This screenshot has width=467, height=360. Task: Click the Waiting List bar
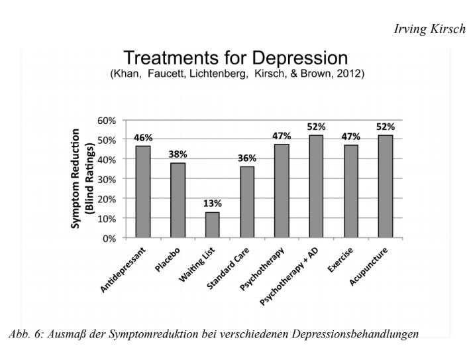pyautogui.click(x=212, y=225)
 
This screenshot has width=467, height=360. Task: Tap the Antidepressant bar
pyautogui.click(x=143, y=192)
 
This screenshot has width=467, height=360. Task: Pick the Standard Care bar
pyautogui.click(x=246, y=202)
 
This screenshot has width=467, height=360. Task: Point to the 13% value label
pyautogui.click(x=212, y=203)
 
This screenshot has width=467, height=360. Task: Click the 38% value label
pyautogui.click(x=178, y=154)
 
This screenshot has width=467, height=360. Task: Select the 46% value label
pyautogui.click(x=143, y=137)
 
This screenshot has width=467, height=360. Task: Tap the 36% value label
pyautogui.click(x=247, y=158)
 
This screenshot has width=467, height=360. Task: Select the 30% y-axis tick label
pyautogui.click(x=107, y=179)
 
